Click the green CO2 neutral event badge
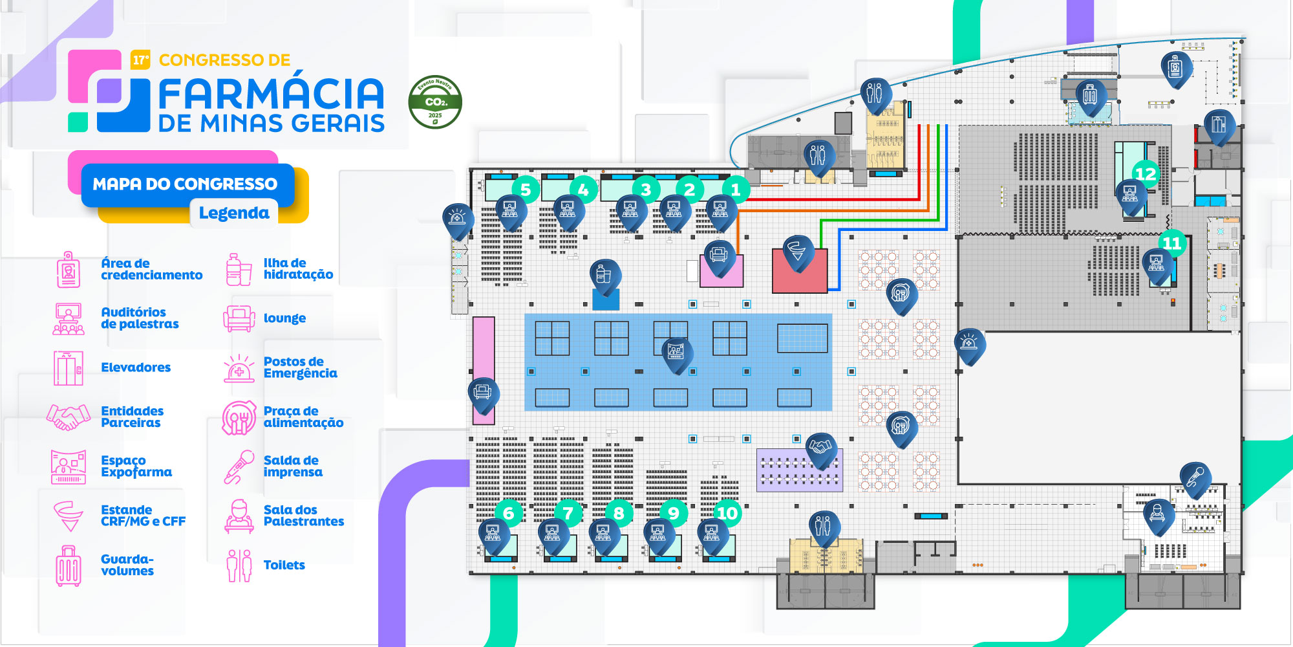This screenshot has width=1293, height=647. pyautogui.click(x=435, y=102)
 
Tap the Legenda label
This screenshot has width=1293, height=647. pyautogui.click(x=233, y=213)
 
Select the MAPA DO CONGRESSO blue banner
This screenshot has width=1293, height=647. pyautogui.click(x=186, y=184)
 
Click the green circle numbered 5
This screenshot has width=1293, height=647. pyautogui.click(x=525, y=190)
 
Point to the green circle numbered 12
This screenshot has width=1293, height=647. pyautogui.click(x=1145, y=173)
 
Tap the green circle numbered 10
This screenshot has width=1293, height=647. pyautogui.click(x=727, y=513)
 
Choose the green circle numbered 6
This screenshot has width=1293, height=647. pyautogui.click(x=508, y=513)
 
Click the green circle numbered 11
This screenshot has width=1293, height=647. pyautogui.click(x=1171, y=243)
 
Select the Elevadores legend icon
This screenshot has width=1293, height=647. pyautogui.click(x=68, y=367)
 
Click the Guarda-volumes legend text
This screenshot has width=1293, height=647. pyautogui.click(x=127, y=565)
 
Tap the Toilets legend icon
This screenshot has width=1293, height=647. pyautogui.click(x=239, y=565)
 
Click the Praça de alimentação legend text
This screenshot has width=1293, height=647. pyautogui.click(x=303, y=417)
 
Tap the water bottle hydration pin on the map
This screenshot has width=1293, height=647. pyautogui.click(x=604, y=274)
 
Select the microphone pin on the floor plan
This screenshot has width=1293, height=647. pyautogui.click(x=1195, y=477)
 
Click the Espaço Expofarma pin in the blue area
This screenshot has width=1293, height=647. pyautogui.click(x=676, y=353)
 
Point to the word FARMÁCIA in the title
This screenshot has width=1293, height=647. pyautogui.click(x=272, y=94)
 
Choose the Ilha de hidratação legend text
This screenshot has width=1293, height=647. pyautogui.click(x=298, y=269)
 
